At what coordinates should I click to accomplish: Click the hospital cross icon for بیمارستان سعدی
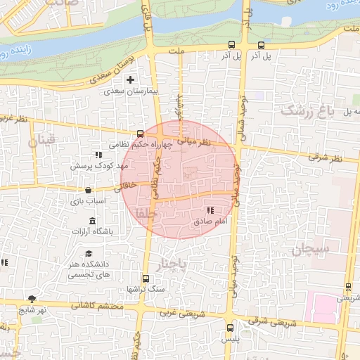tap(130, 80)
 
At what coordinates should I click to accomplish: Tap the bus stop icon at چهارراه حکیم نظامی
tap(140, 133)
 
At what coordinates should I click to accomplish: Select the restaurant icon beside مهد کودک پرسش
tap(98, 155)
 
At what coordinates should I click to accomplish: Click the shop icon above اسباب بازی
tap(87, 190)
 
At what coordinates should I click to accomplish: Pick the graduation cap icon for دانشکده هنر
tap(89, 253)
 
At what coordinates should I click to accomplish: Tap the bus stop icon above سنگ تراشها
tap(145, 278)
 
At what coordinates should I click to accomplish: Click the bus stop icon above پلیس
tap(231, 328)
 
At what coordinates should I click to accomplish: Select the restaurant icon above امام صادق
tap(210, 210)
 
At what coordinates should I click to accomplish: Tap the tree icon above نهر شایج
tap(31, 300)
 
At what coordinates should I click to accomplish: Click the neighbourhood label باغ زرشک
tap(304, 111)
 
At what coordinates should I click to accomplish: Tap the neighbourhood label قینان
tap(40, 142)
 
